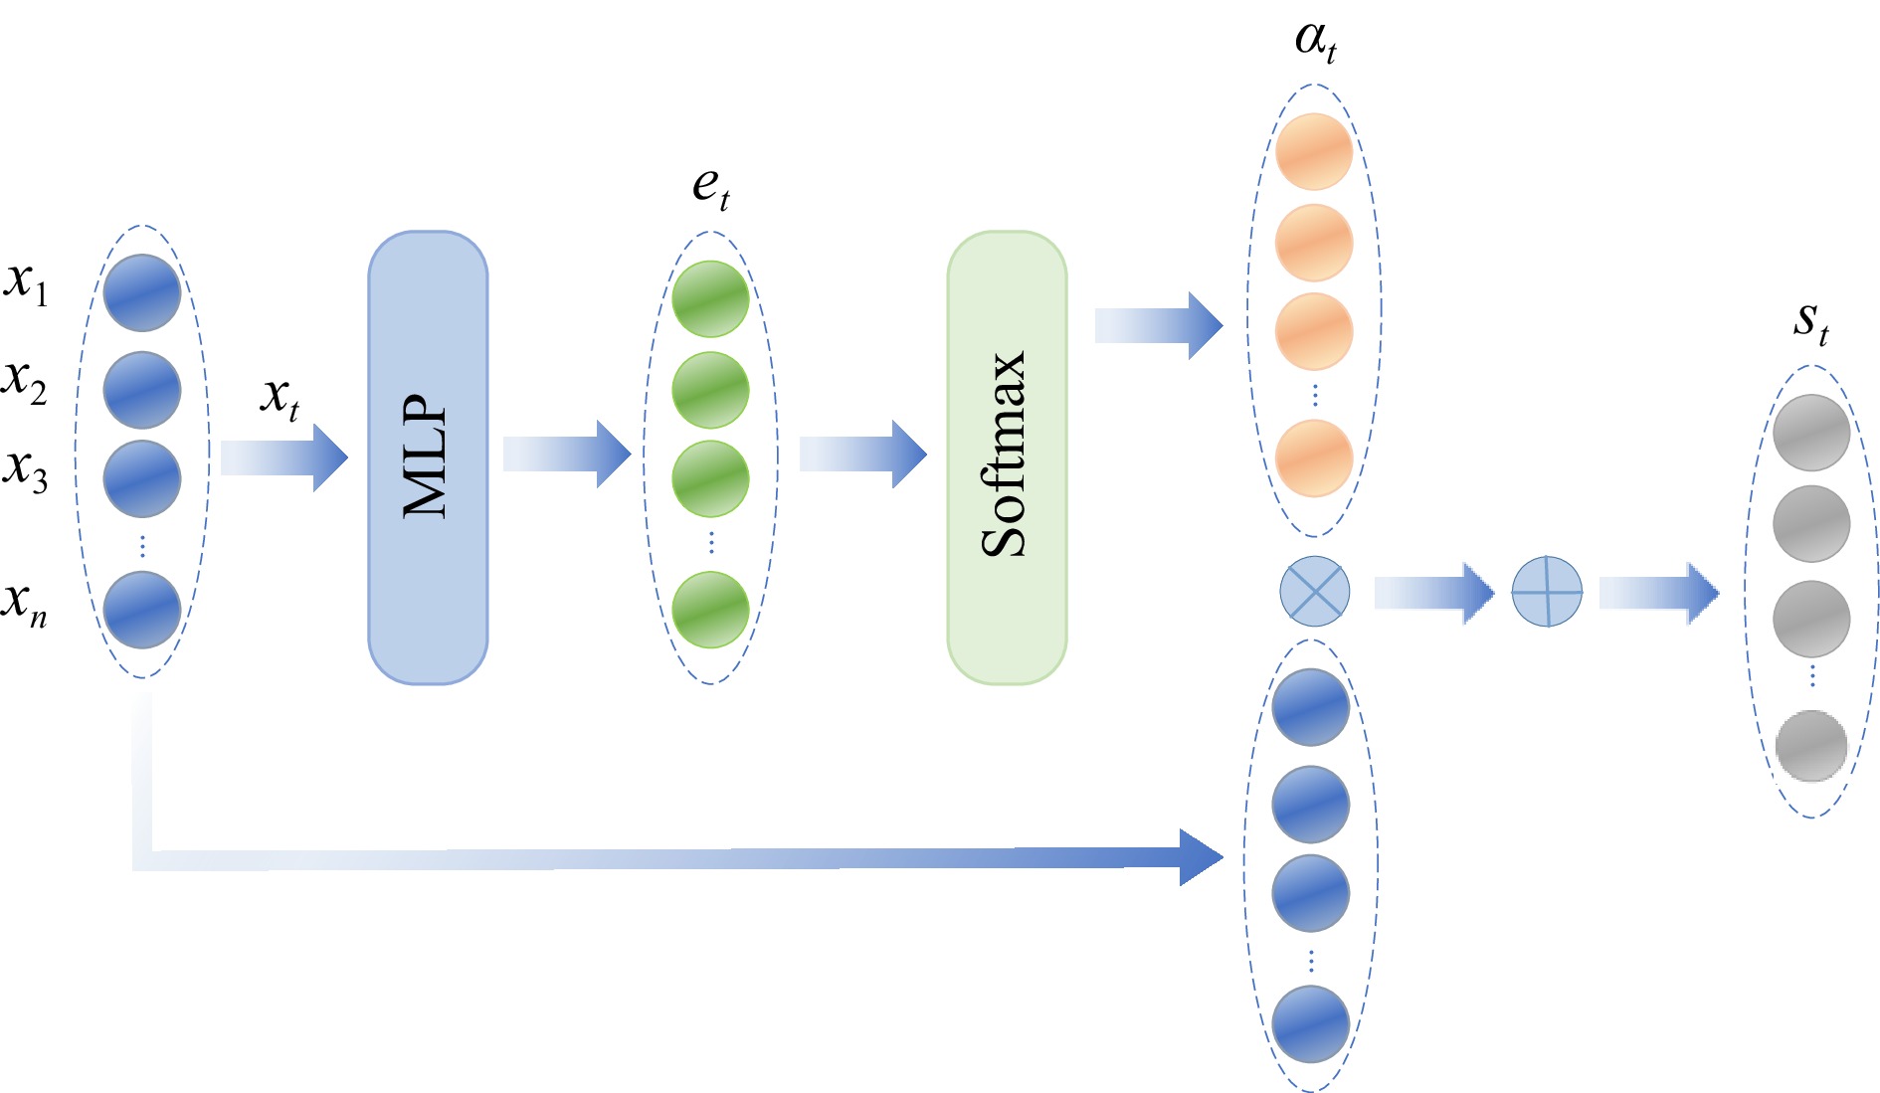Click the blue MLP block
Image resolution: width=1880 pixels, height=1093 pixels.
428,457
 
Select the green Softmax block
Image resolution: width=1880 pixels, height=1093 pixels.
1007,457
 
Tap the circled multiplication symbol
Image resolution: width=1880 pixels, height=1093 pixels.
1314,591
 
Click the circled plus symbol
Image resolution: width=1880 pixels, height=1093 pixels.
1547,592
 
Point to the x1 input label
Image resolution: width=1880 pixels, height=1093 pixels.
26,283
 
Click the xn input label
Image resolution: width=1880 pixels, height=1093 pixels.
26,603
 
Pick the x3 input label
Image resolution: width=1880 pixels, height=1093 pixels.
26,469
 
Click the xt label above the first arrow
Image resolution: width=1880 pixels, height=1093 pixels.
280,398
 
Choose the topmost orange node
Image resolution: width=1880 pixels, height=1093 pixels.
1314,151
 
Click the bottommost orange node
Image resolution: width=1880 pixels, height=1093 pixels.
1314,457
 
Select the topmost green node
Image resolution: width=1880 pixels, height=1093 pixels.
710,298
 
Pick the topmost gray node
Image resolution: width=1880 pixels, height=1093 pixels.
1811,433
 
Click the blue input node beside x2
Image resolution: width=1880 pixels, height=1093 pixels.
142,390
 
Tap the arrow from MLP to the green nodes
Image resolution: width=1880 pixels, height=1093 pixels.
567,454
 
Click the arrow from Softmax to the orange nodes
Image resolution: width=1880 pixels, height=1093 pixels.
1158,325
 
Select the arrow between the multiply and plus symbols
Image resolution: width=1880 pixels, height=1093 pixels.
1433,593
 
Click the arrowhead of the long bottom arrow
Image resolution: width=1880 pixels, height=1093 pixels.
1201,856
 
